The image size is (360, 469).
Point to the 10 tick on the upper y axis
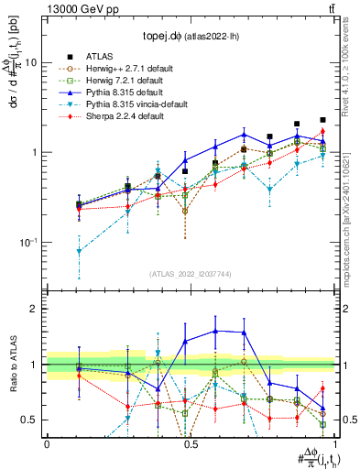[31, 62]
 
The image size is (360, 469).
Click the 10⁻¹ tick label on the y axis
[28, 243]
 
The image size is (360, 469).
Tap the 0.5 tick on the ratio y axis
[31, 420]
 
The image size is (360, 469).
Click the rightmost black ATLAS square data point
[322, 120]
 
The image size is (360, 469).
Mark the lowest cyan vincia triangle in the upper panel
[79, 251]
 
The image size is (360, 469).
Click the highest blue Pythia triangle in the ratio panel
[215, 331]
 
